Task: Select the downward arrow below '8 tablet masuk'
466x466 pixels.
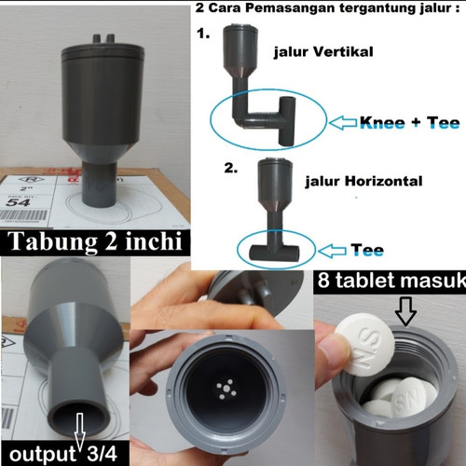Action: pyautogui.click(x=405, y=310)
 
